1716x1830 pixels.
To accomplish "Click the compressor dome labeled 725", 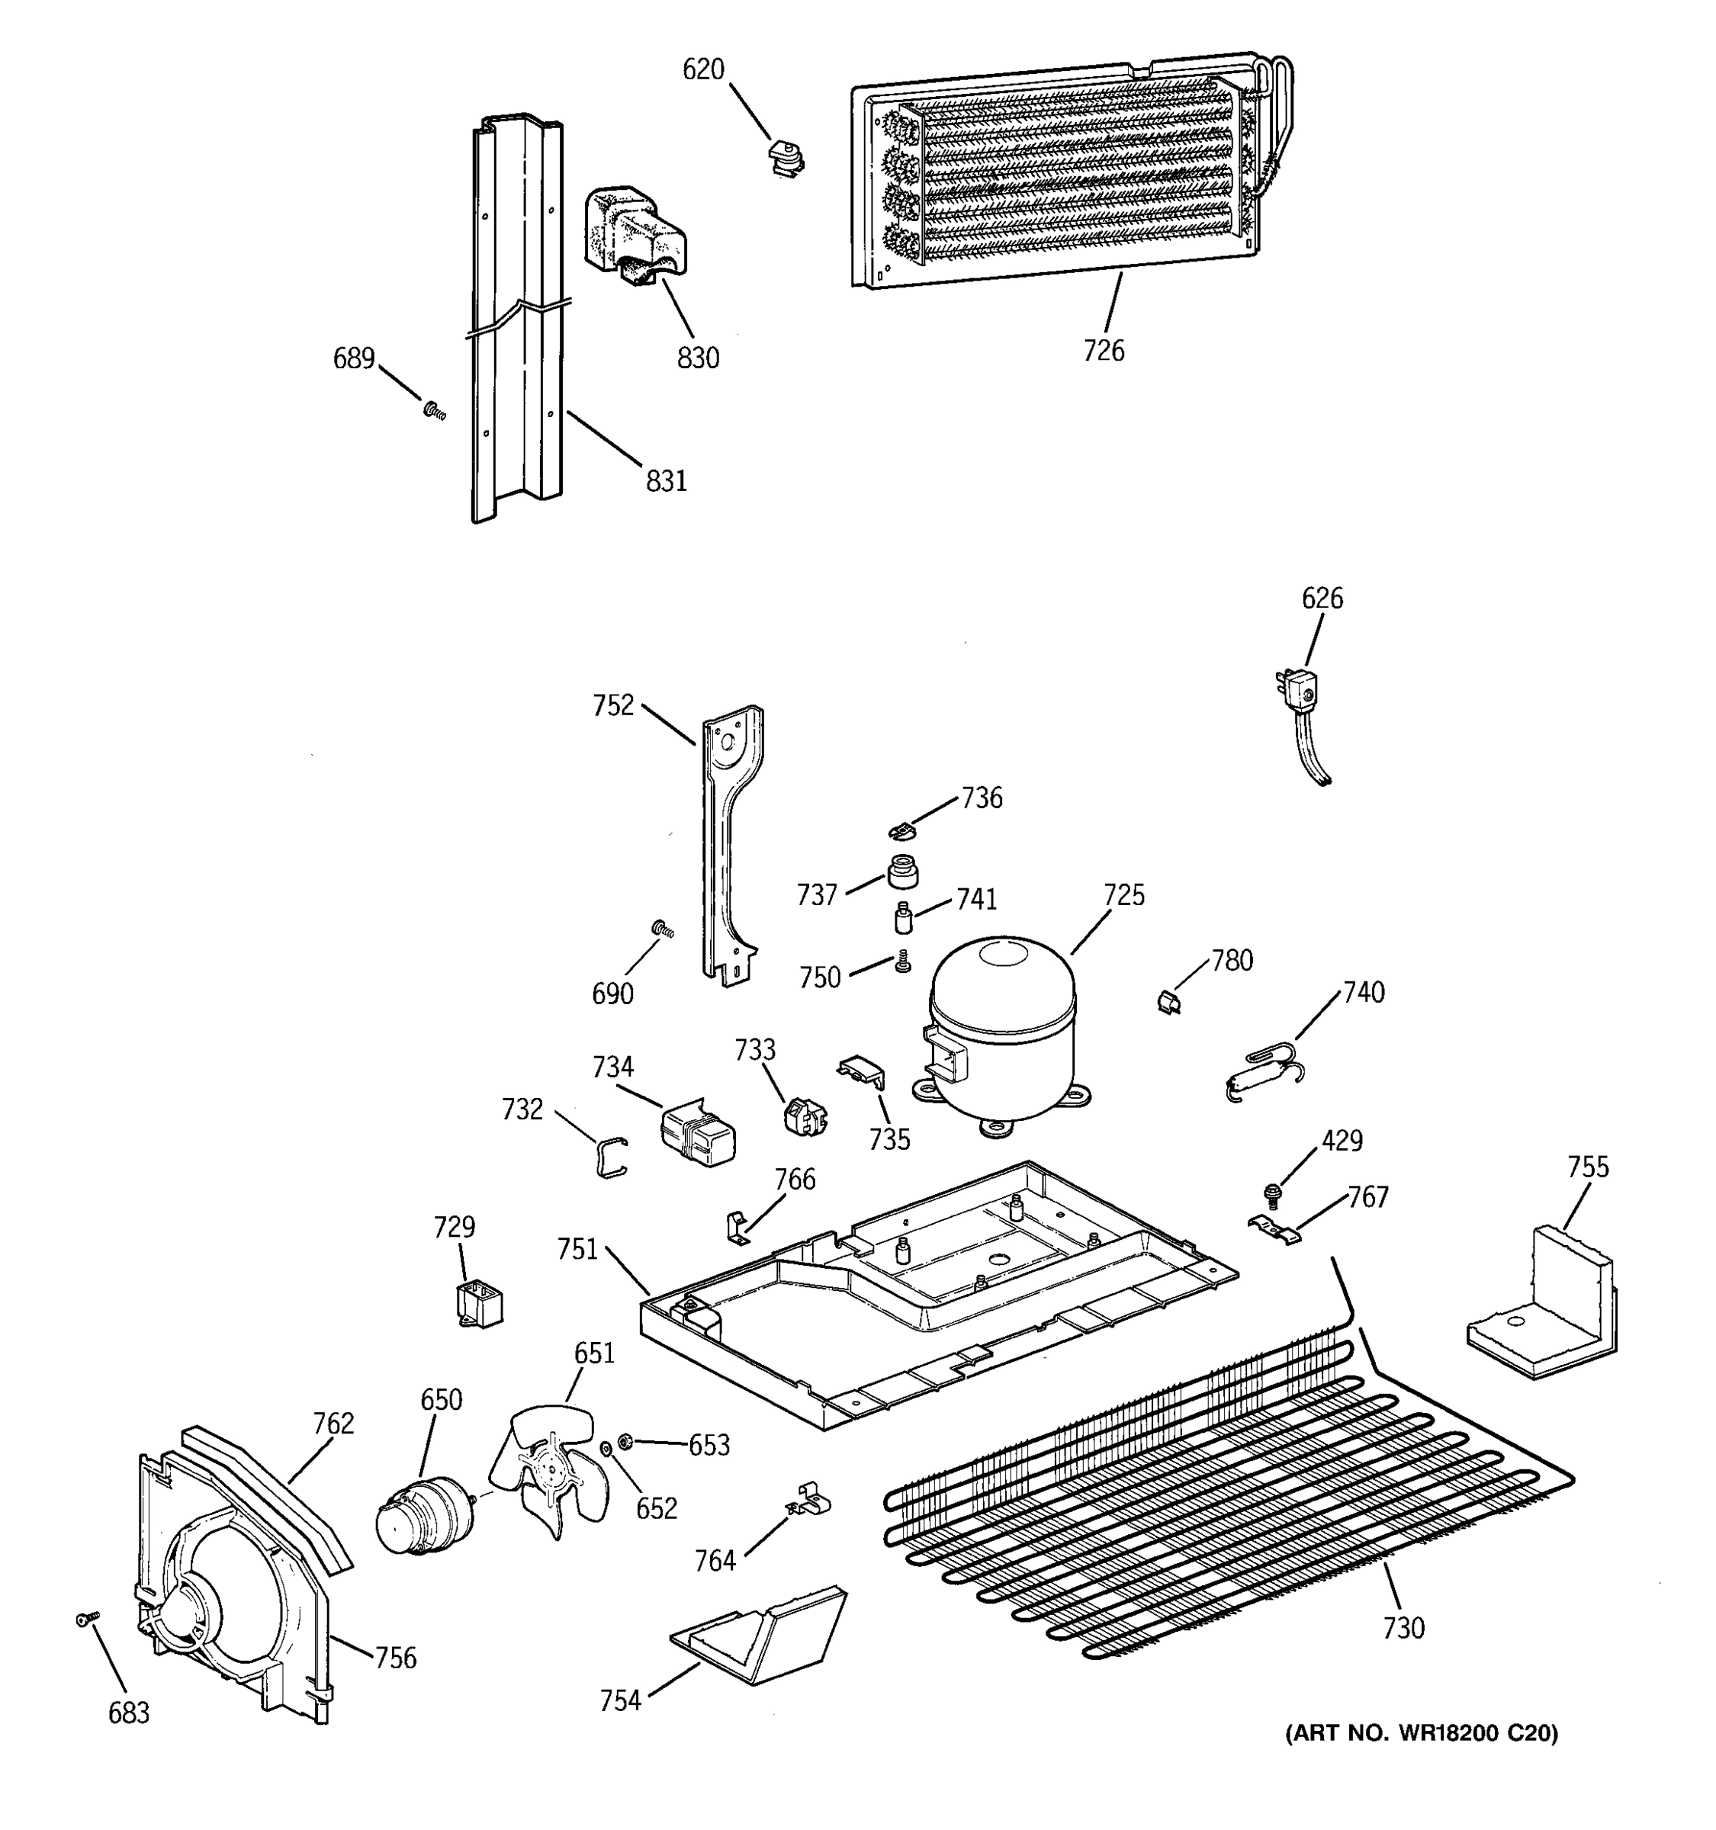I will (1001, 1029).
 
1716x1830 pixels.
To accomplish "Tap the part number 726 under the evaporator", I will (1103, 351).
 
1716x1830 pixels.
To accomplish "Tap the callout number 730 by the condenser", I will (1403, 1629).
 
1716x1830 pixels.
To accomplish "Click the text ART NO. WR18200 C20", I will (1422, 1733).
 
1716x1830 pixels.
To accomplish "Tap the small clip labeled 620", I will (784, 156).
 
